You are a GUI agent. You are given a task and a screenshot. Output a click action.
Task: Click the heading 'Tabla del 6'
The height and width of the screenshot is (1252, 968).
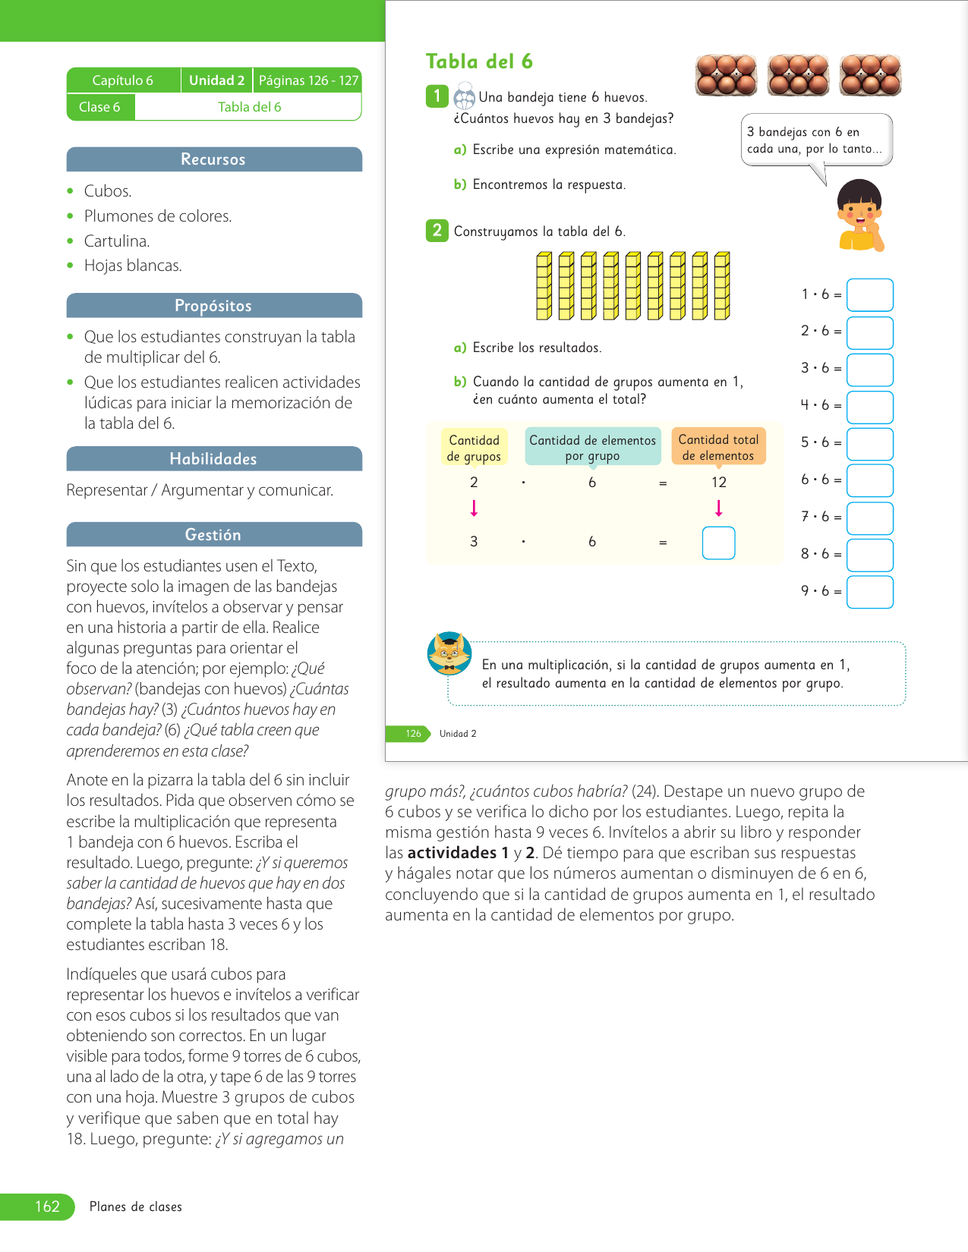point(479,61)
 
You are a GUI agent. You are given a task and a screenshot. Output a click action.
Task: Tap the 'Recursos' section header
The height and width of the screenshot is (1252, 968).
point(213,159)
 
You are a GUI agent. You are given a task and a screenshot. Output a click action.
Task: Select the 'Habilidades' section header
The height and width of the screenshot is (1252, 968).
point(213,459)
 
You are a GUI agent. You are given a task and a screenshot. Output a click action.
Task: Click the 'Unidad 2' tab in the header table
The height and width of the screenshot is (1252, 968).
point(216,80)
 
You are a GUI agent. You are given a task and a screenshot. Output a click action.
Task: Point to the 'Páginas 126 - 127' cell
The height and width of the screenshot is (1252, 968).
point(308,80)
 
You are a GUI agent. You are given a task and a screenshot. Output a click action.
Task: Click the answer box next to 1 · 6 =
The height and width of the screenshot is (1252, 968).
point(869,295)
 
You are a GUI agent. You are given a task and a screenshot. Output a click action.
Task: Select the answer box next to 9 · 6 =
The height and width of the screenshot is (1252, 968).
point(869,592)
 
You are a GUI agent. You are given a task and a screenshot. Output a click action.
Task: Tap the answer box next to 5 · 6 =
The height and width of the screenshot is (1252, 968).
point(869,444)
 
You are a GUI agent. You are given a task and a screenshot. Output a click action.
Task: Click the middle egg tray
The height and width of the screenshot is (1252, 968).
point(798,75)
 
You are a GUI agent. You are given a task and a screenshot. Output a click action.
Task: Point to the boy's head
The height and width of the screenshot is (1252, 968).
point(859,203)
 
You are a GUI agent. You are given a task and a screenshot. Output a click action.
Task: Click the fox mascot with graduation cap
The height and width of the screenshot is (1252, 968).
point(449,653)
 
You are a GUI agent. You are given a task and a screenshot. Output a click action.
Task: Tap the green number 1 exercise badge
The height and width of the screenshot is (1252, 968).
point(437,96)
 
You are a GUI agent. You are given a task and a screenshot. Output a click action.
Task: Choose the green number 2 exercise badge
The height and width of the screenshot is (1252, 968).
point(437,231)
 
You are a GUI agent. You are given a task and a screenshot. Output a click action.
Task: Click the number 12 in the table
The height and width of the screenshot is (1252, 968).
point(719,483)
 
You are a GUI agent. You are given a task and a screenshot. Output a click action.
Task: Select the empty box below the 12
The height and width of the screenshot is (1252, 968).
point(718,543)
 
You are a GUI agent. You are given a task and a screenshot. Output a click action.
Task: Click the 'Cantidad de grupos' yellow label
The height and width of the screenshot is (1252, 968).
point(474,448)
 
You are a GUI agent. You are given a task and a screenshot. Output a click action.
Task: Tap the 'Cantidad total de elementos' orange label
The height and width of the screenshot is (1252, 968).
point(718,448)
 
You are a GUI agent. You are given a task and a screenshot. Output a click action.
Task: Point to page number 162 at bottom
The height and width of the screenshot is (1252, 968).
point(47,1206)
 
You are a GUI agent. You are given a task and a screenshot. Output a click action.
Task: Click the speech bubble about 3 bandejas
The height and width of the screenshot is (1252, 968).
point(816,140)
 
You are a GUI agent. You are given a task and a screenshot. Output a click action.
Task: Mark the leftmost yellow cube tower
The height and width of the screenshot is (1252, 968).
point(544,286)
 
